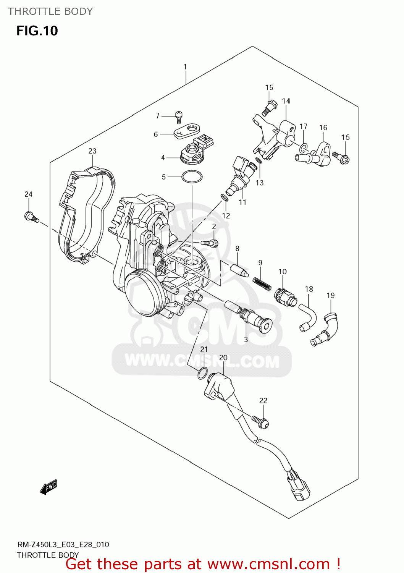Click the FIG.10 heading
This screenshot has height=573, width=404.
coord(37,31)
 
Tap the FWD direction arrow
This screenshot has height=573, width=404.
coord(48,487)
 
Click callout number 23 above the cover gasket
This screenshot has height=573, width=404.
coord(92,151)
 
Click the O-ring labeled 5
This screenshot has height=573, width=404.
coord(192,177)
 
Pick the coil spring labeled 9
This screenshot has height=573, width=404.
coord(262,284)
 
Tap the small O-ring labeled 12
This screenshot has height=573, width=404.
coord(225,197)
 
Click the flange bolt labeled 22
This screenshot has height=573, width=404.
coord(260,421)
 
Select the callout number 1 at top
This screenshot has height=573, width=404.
coord(185,67)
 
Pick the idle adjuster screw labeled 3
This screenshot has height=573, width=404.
coord(256,320)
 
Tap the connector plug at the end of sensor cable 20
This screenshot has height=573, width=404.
coord(299,489)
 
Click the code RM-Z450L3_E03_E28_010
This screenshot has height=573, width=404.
coord(63,544)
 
